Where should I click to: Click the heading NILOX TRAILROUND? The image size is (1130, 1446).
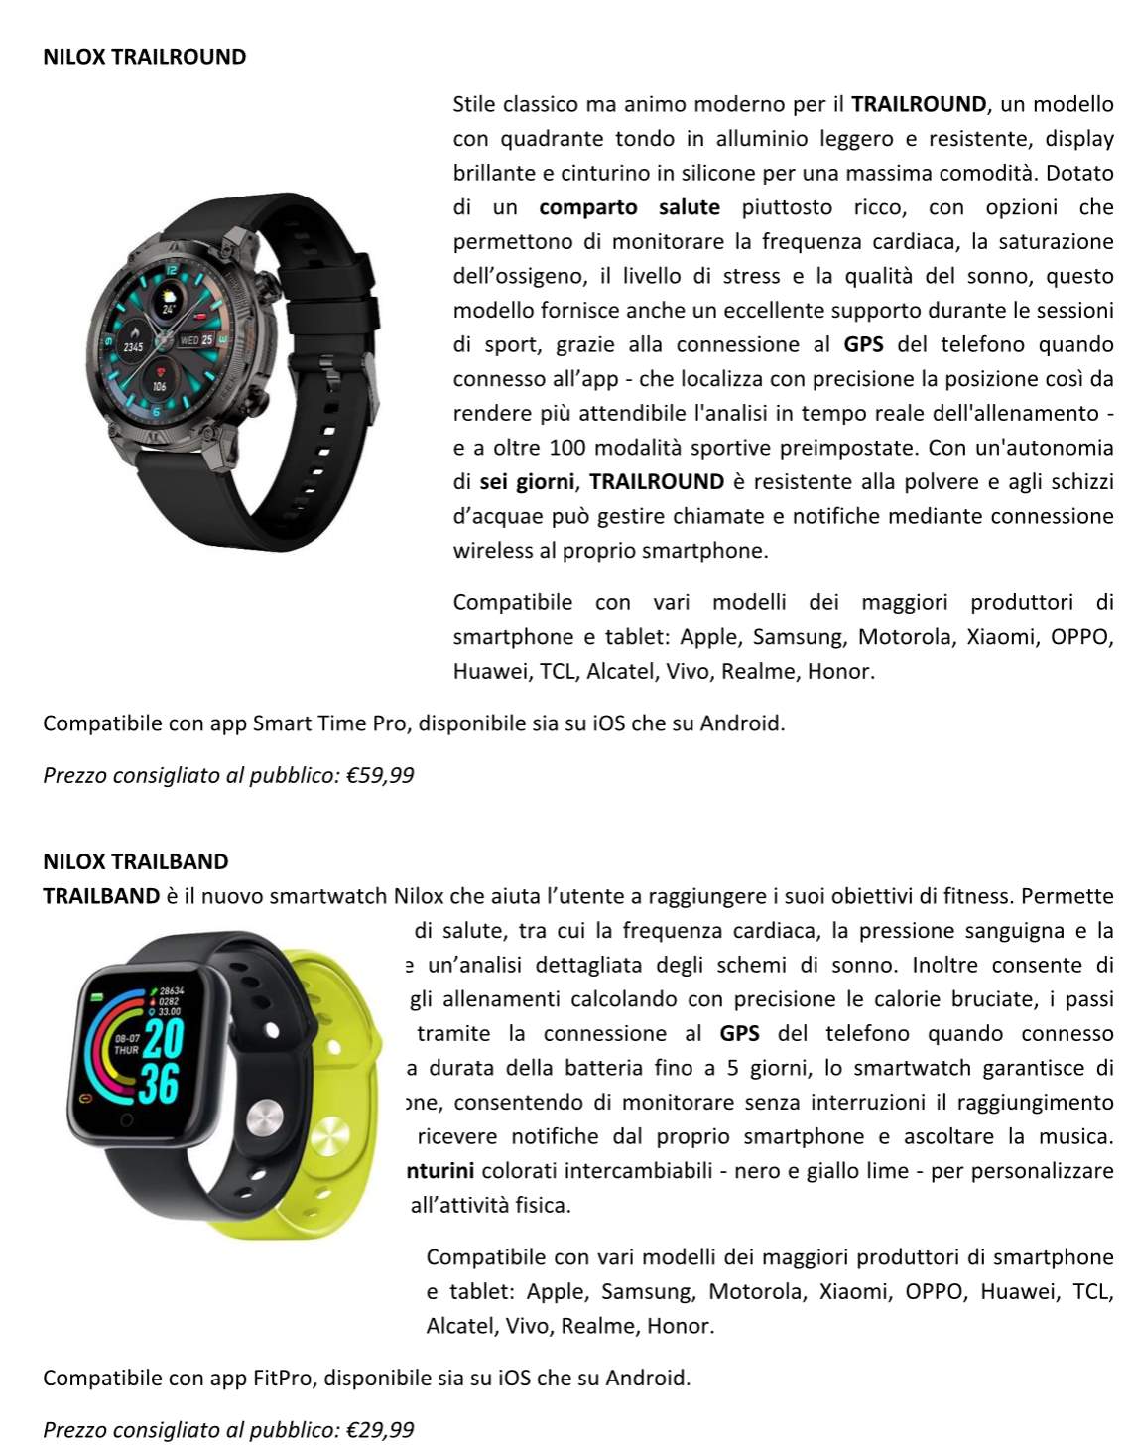point(144,57)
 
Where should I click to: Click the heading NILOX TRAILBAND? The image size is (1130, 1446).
point(135,861)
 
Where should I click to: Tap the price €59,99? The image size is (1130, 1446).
point(380,775)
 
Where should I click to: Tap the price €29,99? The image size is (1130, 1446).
point(380,1430)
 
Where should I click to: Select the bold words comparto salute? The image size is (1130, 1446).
point(629,207)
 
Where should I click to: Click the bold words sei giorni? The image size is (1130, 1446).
point(526,482)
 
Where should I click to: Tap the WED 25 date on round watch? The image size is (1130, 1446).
point(196,340)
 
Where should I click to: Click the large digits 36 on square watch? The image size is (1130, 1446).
point(159,1083)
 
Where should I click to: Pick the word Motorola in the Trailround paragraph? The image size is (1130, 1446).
point(900,637)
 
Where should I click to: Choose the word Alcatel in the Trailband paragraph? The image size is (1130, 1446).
point(461,1326)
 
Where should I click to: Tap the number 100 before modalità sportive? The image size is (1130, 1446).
point(566,448)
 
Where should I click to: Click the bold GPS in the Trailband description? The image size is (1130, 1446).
point(739,1034)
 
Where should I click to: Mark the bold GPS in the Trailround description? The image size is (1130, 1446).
point(863,344)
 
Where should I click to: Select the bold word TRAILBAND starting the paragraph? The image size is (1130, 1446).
point(101,896)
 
